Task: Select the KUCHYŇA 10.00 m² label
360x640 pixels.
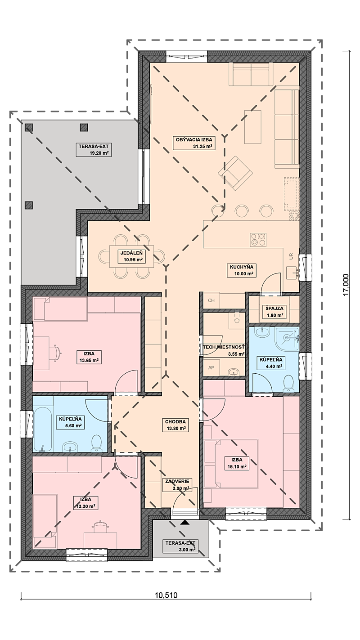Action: coord(242,270)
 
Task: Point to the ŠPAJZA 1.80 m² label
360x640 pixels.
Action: coord(274,312)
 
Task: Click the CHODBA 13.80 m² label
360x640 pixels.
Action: coord(176,425)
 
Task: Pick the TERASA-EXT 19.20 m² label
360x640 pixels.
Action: coord(94,149)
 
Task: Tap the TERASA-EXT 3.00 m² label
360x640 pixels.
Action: coord(180,546)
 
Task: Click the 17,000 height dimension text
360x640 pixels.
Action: coord(346,285)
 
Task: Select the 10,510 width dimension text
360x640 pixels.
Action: coord(166,595)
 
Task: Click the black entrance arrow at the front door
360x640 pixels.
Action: coord(185,522)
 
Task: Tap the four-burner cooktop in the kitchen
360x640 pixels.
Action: coord(258,240)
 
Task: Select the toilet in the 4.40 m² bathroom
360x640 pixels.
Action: coord(288,384)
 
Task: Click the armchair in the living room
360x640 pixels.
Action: coord(235,173)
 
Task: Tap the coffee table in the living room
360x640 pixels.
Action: coord(253,127)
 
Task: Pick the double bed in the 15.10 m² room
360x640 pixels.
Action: coord(231,463)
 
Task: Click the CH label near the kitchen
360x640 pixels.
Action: coord(211,300)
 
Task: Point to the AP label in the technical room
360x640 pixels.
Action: coord(211,368)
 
